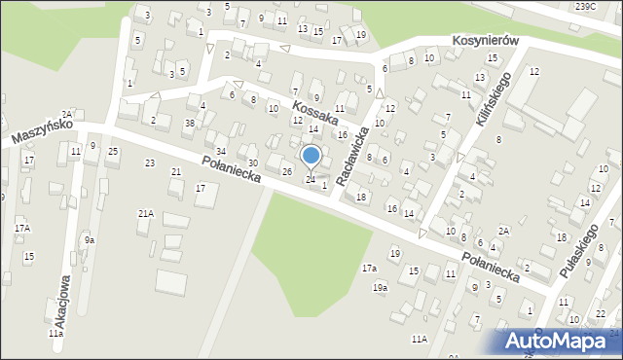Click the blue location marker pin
coord(311,157)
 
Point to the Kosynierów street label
coord(485,42)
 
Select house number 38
coord(190,124)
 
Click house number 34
coord(221,151)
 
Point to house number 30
coord(252,162)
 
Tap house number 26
coord(287,172)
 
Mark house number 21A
coord(145,213)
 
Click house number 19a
coord(380,287)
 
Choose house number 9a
coord(89,239)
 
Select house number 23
coord(149,162)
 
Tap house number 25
coord(113,151)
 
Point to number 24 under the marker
coord(311,179)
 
